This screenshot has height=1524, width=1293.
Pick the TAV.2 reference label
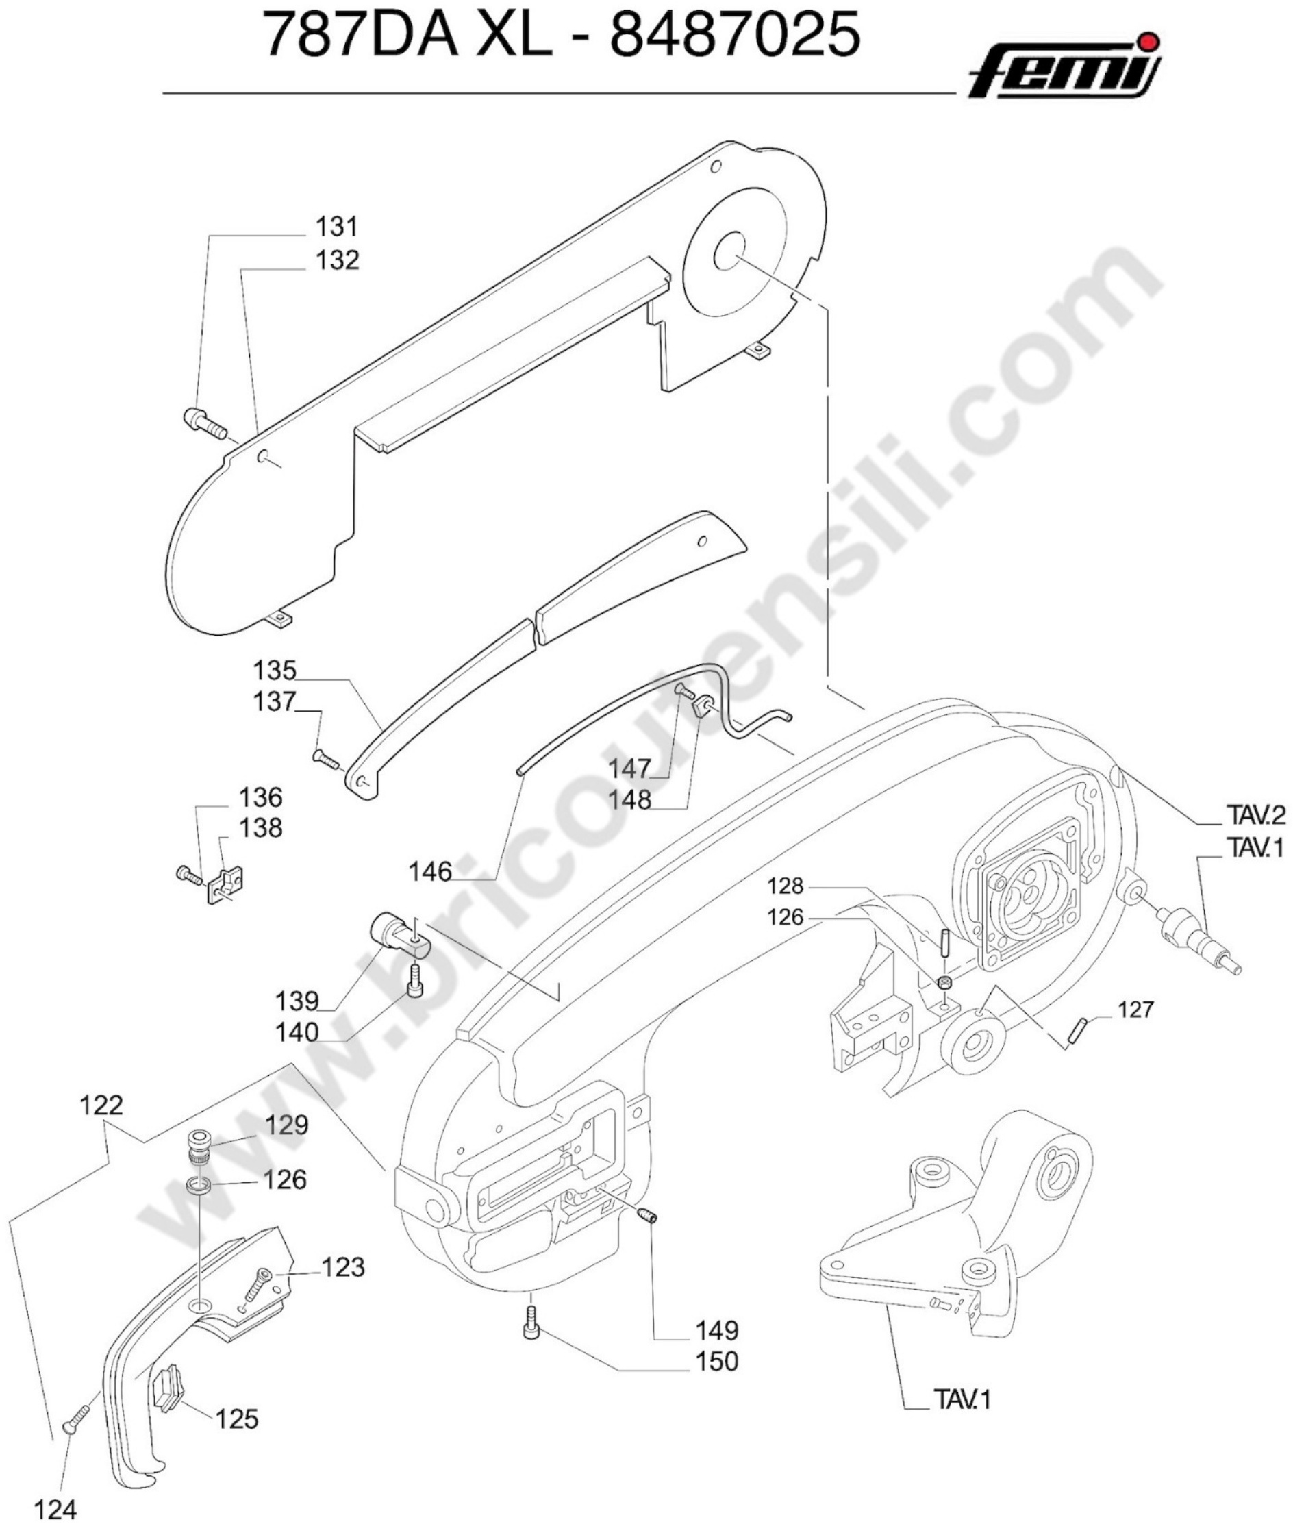(x=1255, y=814)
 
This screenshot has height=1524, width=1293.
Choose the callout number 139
(x=297, y=1001)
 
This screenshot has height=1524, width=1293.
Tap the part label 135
(x=275, y=670)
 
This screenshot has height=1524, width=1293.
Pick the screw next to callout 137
(x=327, y=760)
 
